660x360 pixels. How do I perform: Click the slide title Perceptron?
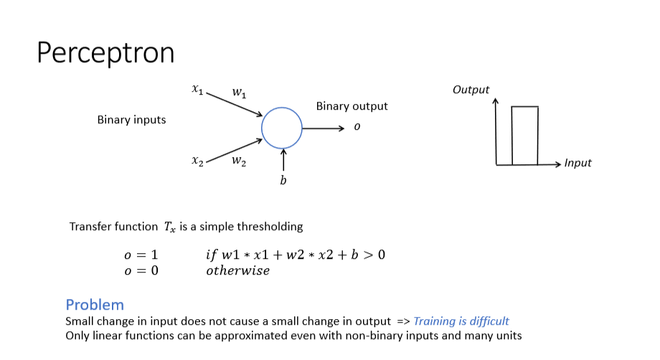(105, 52)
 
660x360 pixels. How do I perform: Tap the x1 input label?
(197, 90)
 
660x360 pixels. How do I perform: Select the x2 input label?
(197, 161)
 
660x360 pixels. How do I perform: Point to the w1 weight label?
(239, 93)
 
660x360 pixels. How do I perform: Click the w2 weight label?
(239, 161)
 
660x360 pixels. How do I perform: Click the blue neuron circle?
(282, 128)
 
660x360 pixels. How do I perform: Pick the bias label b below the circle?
(283, 181)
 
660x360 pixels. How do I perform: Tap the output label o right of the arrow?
(357, 127)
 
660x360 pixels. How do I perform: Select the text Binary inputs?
(131, 120)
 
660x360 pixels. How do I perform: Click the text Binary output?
(352, 106)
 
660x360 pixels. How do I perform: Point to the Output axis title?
(471, 90)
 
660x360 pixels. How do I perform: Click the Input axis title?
(577, 163)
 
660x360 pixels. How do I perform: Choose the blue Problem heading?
(95, 304)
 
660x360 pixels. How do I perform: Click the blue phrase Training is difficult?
(461, 321)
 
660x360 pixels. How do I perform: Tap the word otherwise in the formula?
(237, 271)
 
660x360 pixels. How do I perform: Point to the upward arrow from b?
(283, 159)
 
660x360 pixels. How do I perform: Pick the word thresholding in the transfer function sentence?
(269, 227)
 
